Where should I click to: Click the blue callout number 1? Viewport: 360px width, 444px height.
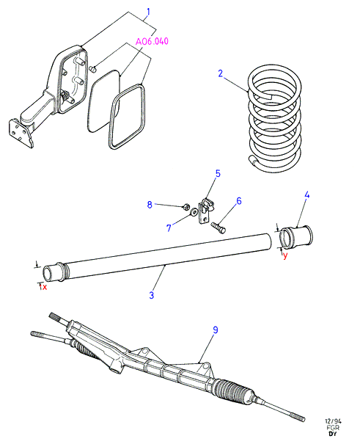(148, 12)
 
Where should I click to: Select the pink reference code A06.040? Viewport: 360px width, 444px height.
(152, 41)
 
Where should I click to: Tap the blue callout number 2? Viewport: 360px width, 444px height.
(221, 73)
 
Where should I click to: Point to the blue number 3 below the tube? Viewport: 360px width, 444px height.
(152, 295)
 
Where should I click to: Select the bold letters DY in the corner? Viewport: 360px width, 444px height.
(333, 434)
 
